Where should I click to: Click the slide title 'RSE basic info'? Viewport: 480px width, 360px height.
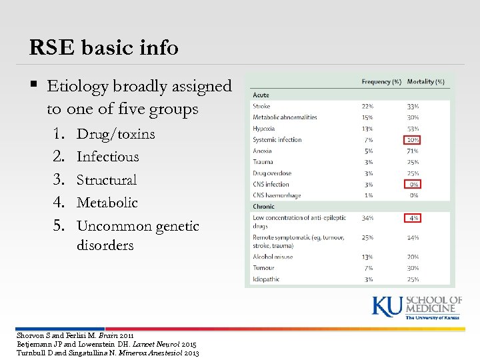tap(103, 48)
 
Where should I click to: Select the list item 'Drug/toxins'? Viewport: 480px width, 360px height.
tap(115, 134)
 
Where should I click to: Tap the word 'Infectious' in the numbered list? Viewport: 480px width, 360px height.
tap(107, 157)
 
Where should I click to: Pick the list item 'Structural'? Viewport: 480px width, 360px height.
tap(107, 180)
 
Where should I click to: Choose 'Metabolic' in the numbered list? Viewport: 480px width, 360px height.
tap(107, 203)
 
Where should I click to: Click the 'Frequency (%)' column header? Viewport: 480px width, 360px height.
tap(381, 82)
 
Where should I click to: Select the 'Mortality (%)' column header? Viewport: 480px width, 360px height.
tap(425, 82)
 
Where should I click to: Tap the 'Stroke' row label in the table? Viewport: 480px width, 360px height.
tap(261, 106)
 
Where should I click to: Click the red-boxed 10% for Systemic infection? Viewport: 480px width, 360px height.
tap(413, 140)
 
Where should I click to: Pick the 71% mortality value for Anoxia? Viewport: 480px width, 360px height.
tap(413, 151)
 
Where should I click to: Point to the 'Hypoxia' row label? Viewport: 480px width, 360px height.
tap(264, 129)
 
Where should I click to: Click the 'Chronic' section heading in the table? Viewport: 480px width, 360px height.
tap(263, 207)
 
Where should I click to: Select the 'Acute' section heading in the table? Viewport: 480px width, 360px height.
tap(261, 95)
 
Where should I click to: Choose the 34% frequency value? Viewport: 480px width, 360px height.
tap(367, 218)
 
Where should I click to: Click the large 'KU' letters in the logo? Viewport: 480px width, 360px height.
tap(387, 307)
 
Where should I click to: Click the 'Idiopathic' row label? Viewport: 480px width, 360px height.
tap(266, 279)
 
